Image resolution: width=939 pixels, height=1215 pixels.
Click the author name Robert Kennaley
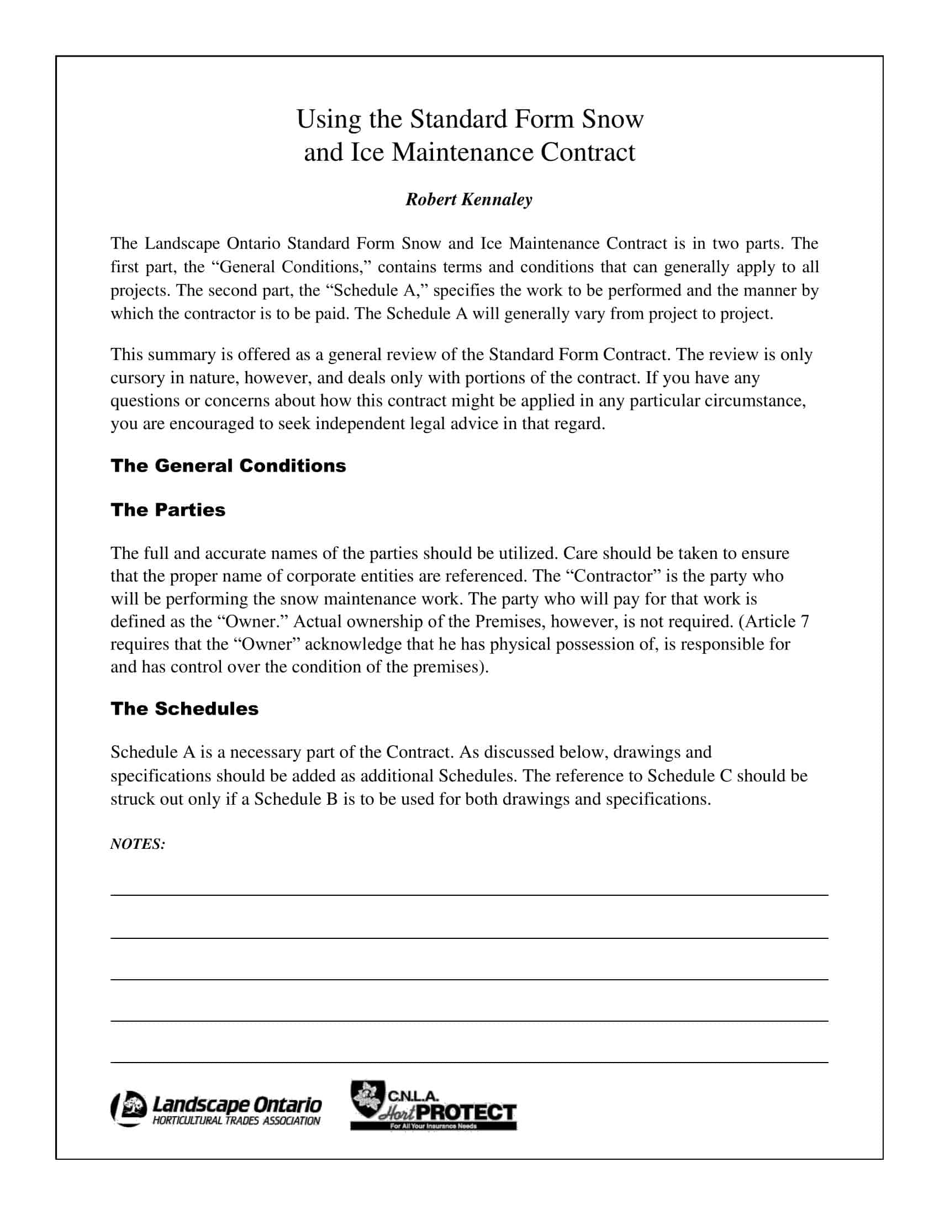coord(468,199)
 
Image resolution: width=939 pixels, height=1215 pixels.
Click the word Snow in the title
coord(612,119)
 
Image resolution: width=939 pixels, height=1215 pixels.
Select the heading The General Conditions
coord(228,466)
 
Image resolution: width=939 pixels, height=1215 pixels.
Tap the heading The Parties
coord(168,510)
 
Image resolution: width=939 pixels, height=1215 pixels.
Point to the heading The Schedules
coord(184,708)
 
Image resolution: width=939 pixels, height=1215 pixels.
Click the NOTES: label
coord(138,844)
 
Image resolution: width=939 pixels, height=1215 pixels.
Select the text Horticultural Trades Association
coord(236,1121)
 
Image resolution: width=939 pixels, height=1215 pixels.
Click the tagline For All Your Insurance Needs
coord(434,1126)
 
